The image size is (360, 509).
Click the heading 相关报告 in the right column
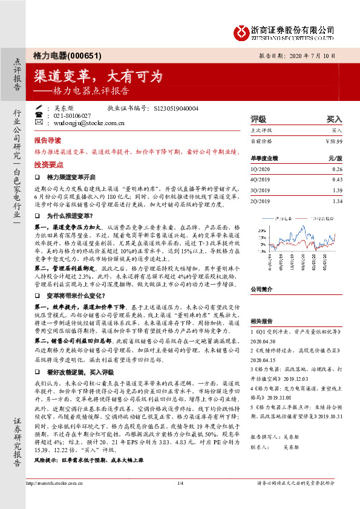261,323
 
